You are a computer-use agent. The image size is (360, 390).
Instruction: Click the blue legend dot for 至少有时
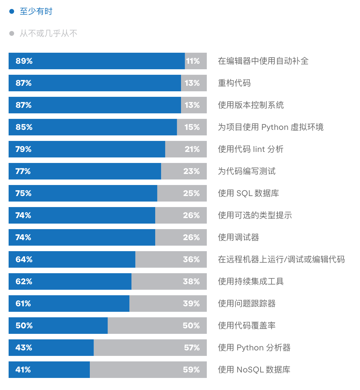pos(12,11)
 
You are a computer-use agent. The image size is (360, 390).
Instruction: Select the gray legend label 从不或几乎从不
pos(49,33)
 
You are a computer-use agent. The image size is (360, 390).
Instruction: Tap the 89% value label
pos(24,61)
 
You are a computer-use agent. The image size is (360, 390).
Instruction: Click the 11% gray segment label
pos(193,61)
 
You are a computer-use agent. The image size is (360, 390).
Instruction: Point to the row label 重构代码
pos(234,83)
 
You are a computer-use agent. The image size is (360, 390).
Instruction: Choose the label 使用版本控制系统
pos(251,105)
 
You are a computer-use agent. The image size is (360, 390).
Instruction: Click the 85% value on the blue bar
pos(24,127)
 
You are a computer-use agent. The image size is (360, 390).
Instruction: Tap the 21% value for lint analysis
pos(192,149)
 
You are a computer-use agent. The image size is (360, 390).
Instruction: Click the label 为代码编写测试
pos(247,171)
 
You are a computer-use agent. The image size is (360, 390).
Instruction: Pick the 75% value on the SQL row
pos(24,193)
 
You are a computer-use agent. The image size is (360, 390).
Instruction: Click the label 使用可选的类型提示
pos(255,215)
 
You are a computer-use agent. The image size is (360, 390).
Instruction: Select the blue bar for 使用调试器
pos(82,237)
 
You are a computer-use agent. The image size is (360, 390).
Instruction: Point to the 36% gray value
pos(191,259)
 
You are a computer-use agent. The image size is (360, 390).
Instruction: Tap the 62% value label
pos(24,281)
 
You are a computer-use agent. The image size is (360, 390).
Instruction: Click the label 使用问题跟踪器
pos(247,304)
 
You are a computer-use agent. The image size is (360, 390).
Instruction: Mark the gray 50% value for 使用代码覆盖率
pos(191,326)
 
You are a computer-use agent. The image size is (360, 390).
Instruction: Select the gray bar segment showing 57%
pos(150,348)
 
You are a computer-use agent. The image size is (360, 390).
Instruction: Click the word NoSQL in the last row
pos(250,370)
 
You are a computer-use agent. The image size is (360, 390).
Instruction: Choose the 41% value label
pos(23,370)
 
